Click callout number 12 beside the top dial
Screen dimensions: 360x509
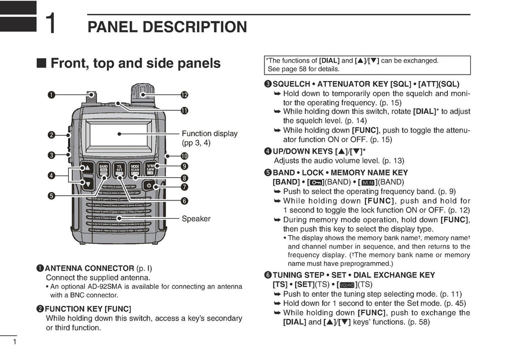pos(184,94)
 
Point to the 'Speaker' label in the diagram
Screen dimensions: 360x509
pos(196,219)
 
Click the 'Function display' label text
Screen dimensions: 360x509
pos(209,134)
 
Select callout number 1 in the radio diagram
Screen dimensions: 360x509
pos(51,94)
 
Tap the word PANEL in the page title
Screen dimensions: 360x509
pos(111,27)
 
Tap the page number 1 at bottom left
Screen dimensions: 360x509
pos(15,342)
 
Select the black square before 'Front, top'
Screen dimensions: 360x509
pos(42,63)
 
